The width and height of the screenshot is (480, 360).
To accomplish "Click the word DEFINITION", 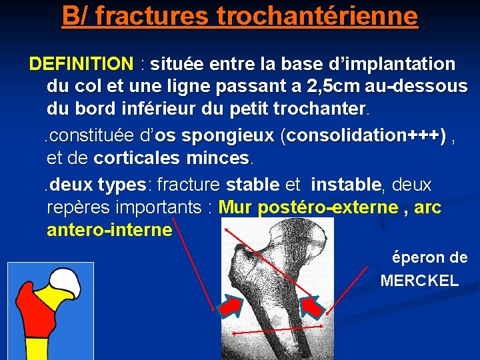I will [81, 64].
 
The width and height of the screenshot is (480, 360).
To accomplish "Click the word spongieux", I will [227, 136].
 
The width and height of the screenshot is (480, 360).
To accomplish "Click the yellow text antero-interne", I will [109, 231].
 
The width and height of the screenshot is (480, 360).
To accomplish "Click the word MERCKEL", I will [419, 281].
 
